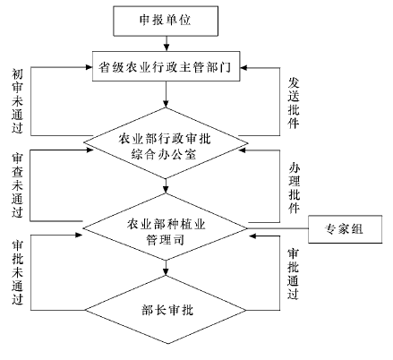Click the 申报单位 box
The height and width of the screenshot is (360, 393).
point(166,21)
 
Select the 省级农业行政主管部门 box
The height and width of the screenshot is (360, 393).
point(166,66)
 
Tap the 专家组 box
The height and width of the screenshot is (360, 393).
point(345,229)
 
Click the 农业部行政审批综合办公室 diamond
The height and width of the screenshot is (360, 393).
point(166,143)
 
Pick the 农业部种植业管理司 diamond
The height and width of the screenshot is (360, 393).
point(165,228)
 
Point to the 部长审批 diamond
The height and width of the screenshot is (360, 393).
point(166,310)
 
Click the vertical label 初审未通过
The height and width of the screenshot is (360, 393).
point(17,101)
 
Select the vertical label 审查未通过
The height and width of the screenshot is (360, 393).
point(17,185)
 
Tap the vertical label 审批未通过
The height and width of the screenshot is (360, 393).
point(17,272)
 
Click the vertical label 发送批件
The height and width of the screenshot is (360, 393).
point(294,103)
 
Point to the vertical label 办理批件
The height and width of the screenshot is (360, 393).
point(295,188)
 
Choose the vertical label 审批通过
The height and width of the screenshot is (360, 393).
point(293,274)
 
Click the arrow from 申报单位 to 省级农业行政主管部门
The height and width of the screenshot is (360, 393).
point(167,44)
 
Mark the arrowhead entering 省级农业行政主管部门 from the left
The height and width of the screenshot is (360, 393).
point(89,67)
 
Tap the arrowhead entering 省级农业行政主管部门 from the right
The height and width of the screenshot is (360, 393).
point(243,68)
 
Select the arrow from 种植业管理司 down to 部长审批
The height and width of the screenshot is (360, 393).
point(166,268)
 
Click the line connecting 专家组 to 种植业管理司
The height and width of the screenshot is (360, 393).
point(278,228)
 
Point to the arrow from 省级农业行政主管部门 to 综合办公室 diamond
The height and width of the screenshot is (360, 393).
point(166,94)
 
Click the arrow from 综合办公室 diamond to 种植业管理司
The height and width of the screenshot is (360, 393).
point(166,186)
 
